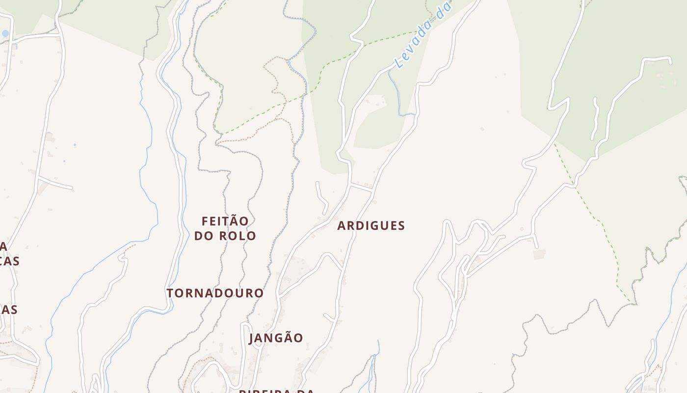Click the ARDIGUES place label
pyautogui.click(x=371, y=226)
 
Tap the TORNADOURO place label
pyautogui.click(x=215, y=293)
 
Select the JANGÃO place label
pyautogui.click(x=276, y=338)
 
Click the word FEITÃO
pyautogui.click(x=225, y=221)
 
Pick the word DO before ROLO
pyautogui.click(x=204, y=236)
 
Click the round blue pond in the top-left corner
pyautogui.click(x=5, y=33)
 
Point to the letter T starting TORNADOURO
pyautogui.click(x=170, y=293)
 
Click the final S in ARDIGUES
pyautogui.click(x=401, y=226)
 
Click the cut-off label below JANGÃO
pyautogui.click(x=276, y=391)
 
